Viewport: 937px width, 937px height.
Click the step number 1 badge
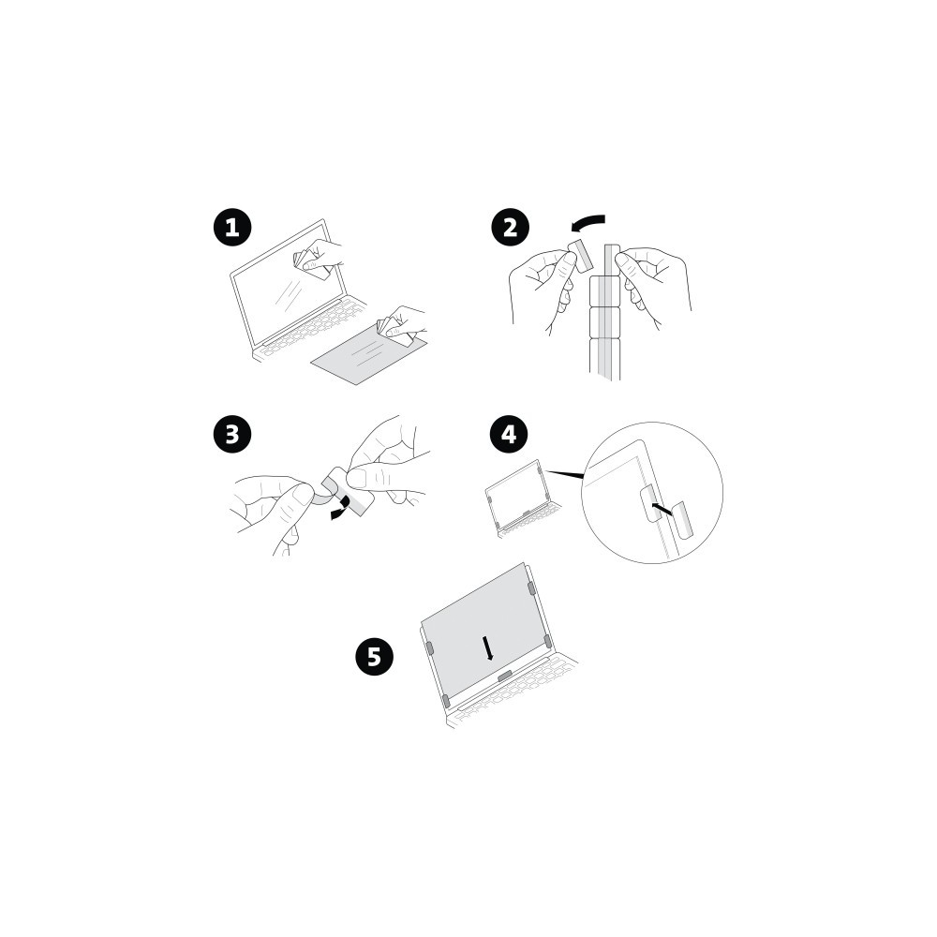pyautogui.click(x=232, y=228)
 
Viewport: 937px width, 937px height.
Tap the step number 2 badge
pyautogui.click(x=510, y=228)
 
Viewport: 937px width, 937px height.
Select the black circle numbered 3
pyautogui.click(x=232, y=434)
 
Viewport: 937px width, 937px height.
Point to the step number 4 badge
pyautogui.click(x=509, y=434)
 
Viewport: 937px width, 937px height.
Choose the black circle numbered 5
pyautogui.click(x=374, y=657)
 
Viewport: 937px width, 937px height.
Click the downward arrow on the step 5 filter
pyautogui.click(x=488, y=647)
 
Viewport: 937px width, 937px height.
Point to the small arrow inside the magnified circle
pyautogui.click(x=662, y=509)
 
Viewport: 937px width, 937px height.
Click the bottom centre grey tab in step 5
pyautogui.click(x=505, y=676)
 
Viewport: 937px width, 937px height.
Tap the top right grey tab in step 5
pyautogui.click(x=530, y=588)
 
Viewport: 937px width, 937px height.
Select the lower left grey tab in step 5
pyautogui.click(x=445, y=701)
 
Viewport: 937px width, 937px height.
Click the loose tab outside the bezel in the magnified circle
pyautogui.click(x=682, y=519)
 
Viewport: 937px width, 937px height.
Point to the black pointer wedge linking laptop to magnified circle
pyautogui.click(x=565, y=474)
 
